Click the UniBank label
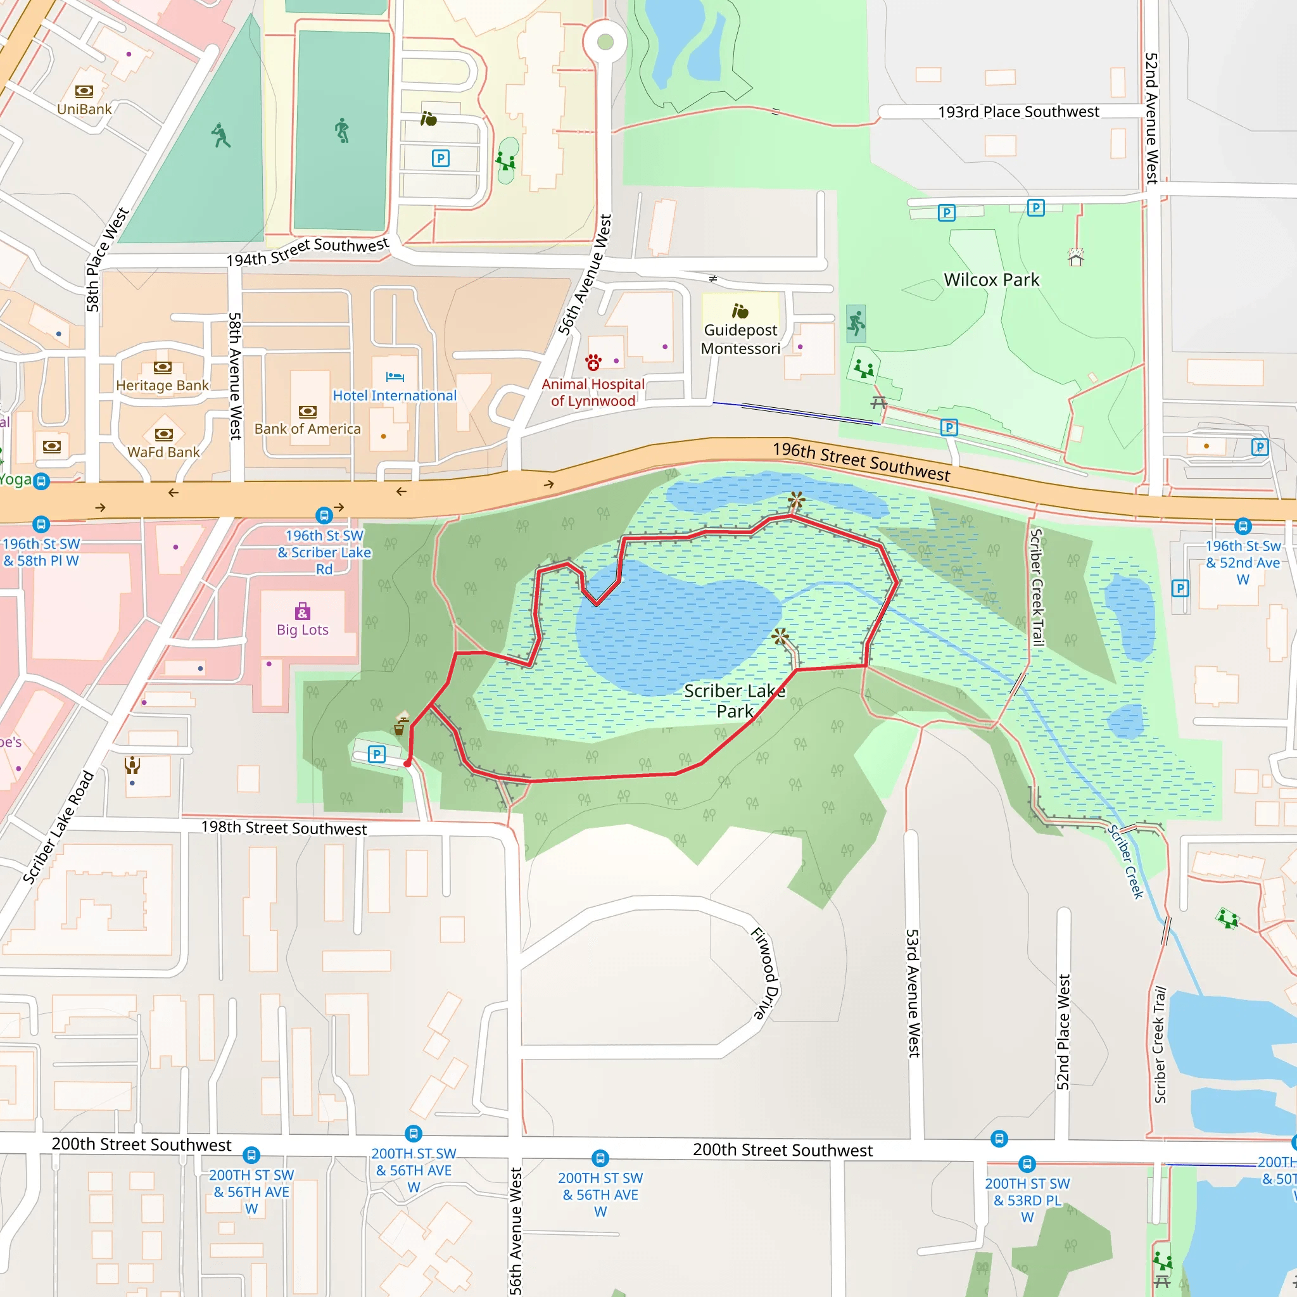84,109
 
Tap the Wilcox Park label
991,280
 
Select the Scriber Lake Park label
735,701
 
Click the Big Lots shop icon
303,611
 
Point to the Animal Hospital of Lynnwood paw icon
593,362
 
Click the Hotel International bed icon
395,377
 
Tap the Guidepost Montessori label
740,339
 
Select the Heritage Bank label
163,385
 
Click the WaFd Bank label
164,452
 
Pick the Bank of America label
307,428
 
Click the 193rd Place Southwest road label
1018,112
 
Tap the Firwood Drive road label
764,973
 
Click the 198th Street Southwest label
284,828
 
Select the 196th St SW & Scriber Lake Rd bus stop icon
324,516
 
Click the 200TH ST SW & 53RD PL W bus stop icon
1027,1163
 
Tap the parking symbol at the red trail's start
377,754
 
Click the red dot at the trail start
407,763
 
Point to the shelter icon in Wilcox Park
1075,256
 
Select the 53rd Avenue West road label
913,993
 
